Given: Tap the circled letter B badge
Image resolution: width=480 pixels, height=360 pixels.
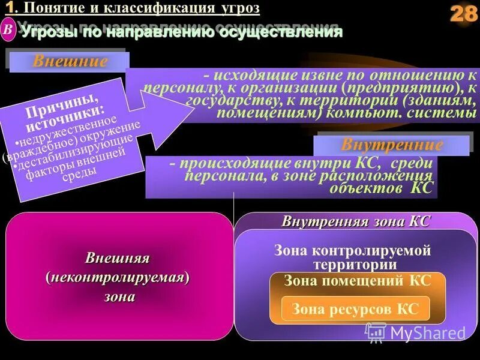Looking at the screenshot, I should (8, 29).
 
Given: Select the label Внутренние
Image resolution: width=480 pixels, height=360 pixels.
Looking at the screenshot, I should (392, 145).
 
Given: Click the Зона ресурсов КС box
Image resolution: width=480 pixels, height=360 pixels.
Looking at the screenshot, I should (356, 310).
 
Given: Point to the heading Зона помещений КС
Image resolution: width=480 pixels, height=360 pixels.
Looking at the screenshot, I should (358, 280).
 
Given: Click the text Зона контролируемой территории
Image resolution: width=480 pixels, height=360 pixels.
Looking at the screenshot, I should (353, 257).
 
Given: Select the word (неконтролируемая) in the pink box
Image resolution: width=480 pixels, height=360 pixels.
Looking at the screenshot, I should (118, 277).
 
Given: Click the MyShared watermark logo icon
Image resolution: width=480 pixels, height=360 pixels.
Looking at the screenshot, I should (376, 331).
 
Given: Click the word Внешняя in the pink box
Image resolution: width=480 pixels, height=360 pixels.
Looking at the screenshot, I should (118, 259).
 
